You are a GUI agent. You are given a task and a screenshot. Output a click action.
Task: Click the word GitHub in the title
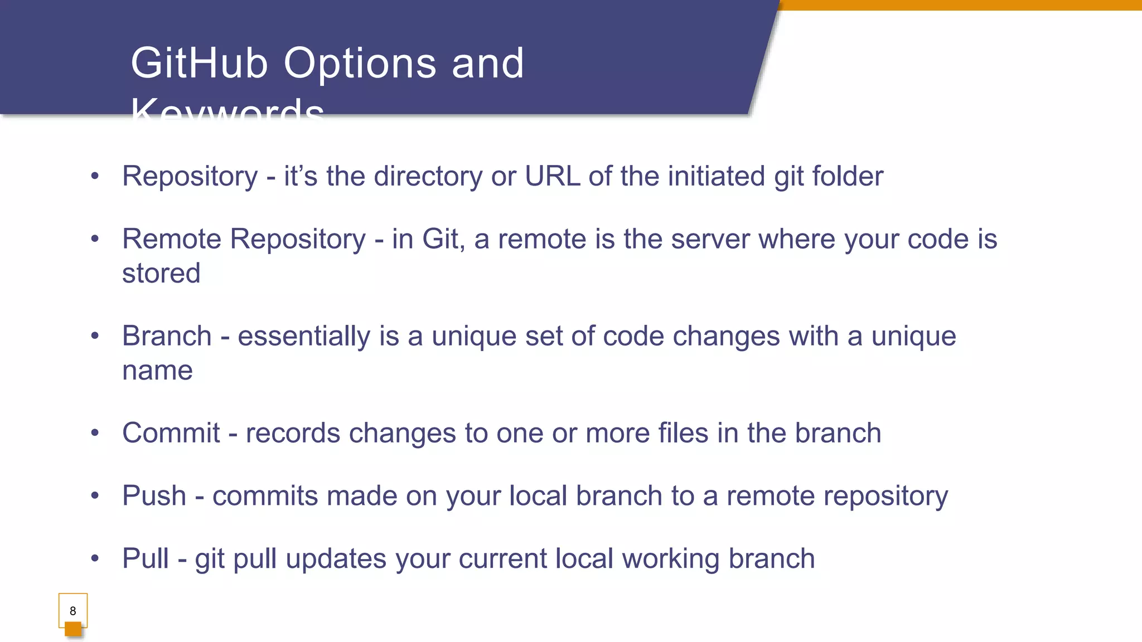199,63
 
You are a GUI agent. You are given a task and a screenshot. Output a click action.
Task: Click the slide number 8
72,611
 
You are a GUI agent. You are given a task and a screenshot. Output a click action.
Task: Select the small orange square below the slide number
73,629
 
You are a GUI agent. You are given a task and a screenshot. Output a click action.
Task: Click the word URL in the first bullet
552,176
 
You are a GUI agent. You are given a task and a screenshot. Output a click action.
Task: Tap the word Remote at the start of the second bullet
172,239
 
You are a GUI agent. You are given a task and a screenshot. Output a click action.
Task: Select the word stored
161,273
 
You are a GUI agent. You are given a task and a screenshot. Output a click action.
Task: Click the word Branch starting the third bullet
167,336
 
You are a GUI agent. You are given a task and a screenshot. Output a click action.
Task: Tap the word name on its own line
157,371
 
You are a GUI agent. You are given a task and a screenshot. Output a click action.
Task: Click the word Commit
171,433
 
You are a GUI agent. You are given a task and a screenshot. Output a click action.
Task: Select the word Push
154,495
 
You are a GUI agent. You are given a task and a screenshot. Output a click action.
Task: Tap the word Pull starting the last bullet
145,558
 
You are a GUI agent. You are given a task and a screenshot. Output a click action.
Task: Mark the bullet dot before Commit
95,433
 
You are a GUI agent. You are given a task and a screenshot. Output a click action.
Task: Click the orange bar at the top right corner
959,5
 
